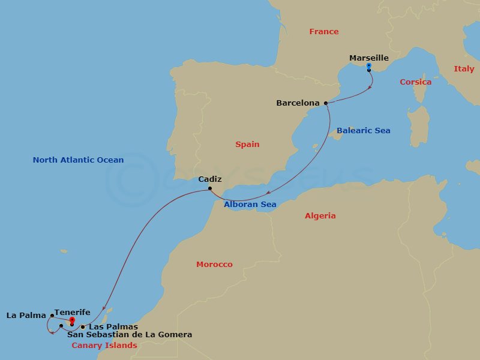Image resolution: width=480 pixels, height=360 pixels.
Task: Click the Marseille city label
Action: click(x=368, y=58)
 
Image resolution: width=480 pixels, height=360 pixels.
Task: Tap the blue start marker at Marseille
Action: click(x=368, y=65)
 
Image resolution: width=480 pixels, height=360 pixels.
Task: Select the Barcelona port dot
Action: click(x=326, y=103)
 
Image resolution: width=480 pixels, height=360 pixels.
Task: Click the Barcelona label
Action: click(x=298, y=103)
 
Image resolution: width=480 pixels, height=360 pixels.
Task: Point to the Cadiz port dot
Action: click(x=209, y=189)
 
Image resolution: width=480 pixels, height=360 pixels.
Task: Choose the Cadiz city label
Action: click(x=209, y=179)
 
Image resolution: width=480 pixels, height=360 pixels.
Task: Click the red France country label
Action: click(x=324, y=32)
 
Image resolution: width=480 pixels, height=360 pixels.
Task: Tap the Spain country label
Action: click(x=247, y=144)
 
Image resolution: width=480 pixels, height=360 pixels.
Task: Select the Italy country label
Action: click(x=464, y=69)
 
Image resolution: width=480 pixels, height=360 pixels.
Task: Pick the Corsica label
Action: click(x=415, y=82)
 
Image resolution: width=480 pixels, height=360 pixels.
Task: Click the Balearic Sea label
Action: click(x=363, y=131)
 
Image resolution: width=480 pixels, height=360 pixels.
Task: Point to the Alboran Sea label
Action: click(x=250, y=205)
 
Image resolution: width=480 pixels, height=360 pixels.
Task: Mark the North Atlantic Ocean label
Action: click(x=78, y=160)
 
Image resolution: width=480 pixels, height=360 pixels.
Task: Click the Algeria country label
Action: click(x=320, y=216)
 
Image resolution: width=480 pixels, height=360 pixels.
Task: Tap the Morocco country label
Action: click(x=214, y=265)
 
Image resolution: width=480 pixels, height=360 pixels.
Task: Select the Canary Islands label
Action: click(x=104, y=346)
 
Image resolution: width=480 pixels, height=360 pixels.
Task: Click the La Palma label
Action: click(x=26, y=315)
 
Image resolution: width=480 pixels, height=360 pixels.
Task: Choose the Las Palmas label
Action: click(x=113, y=327)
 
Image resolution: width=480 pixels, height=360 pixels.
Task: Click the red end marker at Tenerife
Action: click(x=72, y=320)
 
